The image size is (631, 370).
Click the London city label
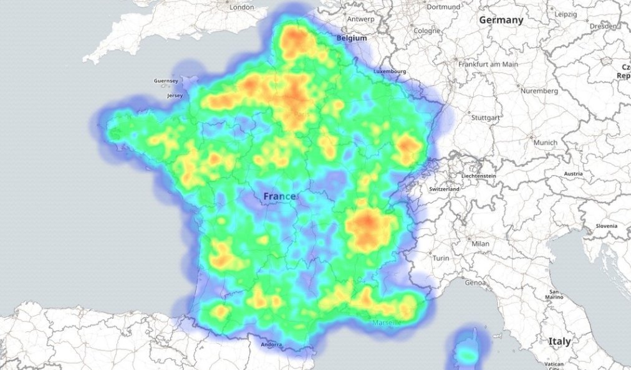(x=241, y=7)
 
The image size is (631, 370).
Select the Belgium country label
(x=351, y=38)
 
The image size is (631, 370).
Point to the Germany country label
(x=501, y=20)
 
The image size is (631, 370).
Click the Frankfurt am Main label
(x=488, y=64)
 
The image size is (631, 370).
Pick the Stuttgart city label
(x=486, y=117)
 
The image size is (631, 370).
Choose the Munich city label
(x=546, y=143)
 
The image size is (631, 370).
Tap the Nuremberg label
(x=538, y=91)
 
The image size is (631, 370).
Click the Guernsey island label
(x=166, y=81)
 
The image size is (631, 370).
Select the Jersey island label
(x=175, y=96)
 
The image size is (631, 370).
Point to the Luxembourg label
(x=390, y=72)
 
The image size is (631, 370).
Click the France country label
(x=279, y=196)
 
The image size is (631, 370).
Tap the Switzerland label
(x=445, y=189)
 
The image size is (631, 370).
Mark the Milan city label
(x=480, y=244)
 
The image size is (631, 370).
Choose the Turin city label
(x=441, y=257)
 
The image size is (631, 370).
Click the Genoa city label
(x=476, y=283)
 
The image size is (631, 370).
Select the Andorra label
(x=271, y=344)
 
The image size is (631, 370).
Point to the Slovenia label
(x=605, y=225)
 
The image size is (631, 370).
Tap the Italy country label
(x=559, y=341)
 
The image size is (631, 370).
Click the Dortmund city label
(x=443, y=7)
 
